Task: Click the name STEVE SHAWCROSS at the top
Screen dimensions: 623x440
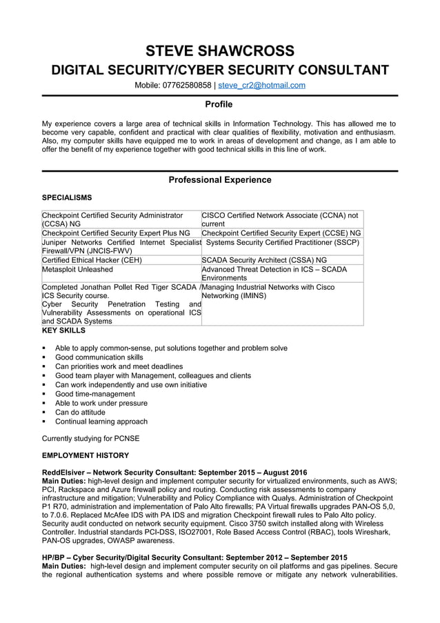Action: coord(220,51)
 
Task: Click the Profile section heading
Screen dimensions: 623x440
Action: coord(220,104)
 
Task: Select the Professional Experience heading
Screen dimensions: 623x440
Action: coord(220,180)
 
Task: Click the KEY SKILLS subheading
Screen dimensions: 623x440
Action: coord(63,330)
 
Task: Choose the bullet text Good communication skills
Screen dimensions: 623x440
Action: coord(99,357)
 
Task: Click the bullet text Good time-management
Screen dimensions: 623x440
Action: coord(95,394)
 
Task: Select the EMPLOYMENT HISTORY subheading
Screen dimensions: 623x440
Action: coord(86,455)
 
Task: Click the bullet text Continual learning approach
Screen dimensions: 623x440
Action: coord(101,421)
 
